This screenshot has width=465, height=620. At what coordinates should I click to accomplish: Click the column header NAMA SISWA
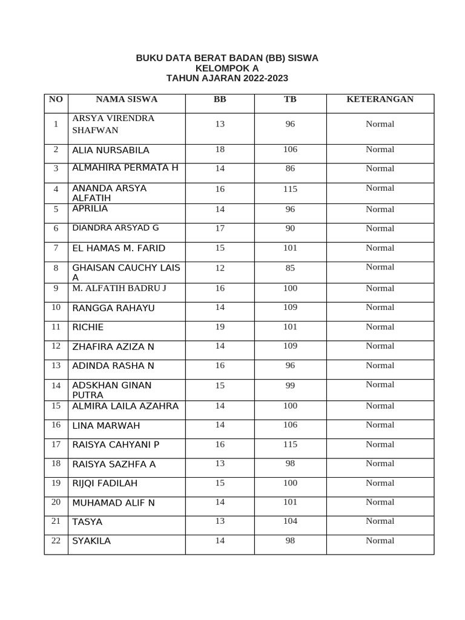pos(126,99)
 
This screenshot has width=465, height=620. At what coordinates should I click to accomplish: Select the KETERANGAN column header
pos(380,99)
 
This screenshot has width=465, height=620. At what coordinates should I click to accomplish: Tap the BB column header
pos(219,99)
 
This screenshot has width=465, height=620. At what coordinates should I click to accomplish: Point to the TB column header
pos(290,99)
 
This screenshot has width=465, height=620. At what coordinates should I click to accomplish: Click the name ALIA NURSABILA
pos(110,150)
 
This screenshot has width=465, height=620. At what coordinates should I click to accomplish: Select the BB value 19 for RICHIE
pos(219,327)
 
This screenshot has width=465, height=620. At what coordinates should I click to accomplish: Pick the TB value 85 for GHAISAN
pos(290,267)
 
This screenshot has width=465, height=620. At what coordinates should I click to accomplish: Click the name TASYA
pos(87,522)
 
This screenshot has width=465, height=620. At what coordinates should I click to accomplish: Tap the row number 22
pos(56,541)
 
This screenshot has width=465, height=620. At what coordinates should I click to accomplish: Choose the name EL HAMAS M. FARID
pos(119,248)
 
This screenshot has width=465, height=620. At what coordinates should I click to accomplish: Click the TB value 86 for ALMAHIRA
pos(290,169)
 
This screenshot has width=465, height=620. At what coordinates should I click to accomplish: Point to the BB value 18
pos(219,150)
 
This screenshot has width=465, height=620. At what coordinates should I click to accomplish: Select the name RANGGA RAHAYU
pos(113,308)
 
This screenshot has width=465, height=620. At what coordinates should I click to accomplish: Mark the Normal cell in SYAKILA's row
pos(380,541)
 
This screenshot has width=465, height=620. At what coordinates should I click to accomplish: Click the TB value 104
pos(290,521)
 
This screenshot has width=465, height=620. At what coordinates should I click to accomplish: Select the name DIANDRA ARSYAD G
pos(116,228)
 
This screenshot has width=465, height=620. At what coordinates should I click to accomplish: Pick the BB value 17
pos(219,229)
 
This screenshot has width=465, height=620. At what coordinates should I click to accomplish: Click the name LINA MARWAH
pos(106,426)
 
